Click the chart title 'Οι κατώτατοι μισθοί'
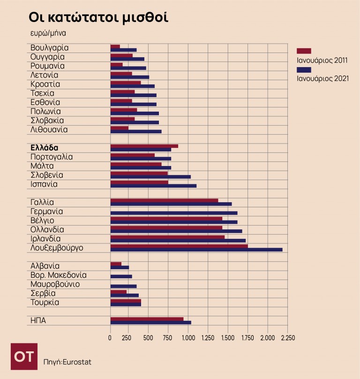coord(98,17)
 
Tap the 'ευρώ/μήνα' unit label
coord(48,33)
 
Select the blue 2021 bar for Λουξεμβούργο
coord(196,250)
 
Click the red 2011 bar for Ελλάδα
coord(144,146)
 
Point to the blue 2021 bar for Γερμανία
coord(173,213)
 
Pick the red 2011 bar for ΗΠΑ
coord(147,319)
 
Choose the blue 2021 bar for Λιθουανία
coord(135,131)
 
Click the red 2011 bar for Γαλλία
coord(164,200)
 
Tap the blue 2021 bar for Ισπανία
coord(153,186)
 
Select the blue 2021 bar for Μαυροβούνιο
coord(123,286)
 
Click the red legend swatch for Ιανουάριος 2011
coord(304,51)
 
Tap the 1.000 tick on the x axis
coord(188,338)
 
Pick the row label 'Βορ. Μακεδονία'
coord(58,275)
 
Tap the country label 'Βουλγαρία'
coord(49,47)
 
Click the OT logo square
coord(24,356)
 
